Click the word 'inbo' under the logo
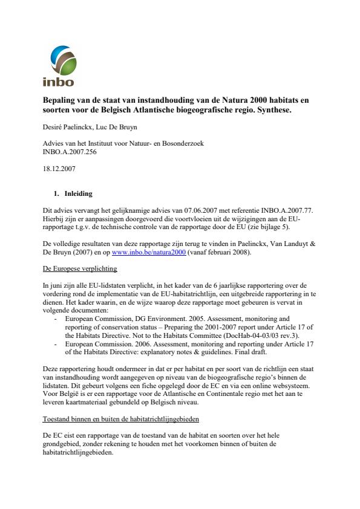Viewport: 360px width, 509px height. [x=57, y=82]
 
